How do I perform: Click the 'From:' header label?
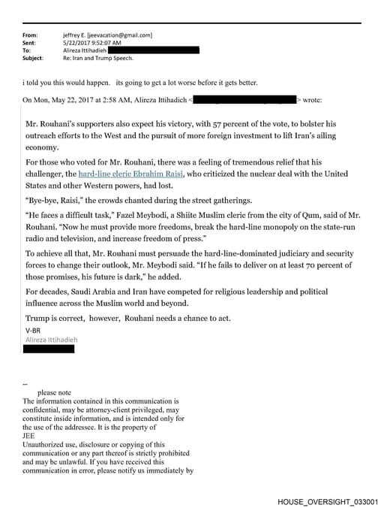tap(30, 35)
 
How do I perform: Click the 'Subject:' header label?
tap(33, 57)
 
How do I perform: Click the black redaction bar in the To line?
tap(158, 50)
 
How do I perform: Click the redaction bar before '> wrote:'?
tap(246, 99)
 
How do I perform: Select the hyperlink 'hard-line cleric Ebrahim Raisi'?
tap(131, 174)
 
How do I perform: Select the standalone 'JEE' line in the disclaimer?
tap(29, 434)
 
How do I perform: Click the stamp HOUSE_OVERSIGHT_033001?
tap(327, 500)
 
